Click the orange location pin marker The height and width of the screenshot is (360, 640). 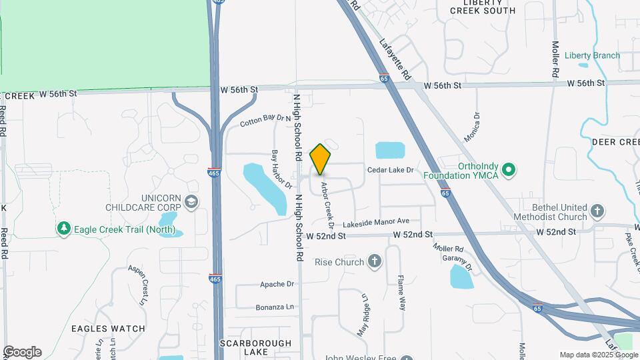click(321, 159)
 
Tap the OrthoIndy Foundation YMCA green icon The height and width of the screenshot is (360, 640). click(509, 170)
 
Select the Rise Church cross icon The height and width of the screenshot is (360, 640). click(375, 261)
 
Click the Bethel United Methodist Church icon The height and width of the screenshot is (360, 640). click(598, 212)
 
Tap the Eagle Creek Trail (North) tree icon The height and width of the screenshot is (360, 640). click(64, 229)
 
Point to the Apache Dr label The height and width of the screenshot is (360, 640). click(277, 284)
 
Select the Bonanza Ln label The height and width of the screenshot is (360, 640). click(275, 307)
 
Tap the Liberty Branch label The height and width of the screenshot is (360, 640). click(592, 56)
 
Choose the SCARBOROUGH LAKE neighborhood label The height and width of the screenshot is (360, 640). click(256, 347)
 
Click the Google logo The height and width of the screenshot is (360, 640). click(21, 352)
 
